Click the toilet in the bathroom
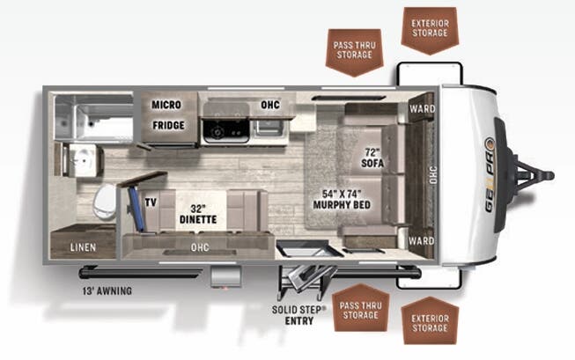point(105,202)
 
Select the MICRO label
point(166,105)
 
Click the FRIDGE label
point(168,125)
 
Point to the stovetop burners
point(226,130)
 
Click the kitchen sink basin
point(269,128)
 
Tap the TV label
point(151,202)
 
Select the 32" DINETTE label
point(198,214)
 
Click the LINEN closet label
point(84,247)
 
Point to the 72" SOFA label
point(372,158)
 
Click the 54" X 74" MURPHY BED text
point(342,200)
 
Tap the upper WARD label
point(422,109)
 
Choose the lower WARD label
point(422,241)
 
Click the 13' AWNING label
point(107,291)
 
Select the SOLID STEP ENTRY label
point(299,315)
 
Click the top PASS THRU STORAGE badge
point(355,52)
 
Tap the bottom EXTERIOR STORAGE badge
point(430,321)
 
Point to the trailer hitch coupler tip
point(549,176)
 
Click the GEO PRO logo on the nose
point(490,175)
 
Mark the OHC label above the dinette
point(200,247)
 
